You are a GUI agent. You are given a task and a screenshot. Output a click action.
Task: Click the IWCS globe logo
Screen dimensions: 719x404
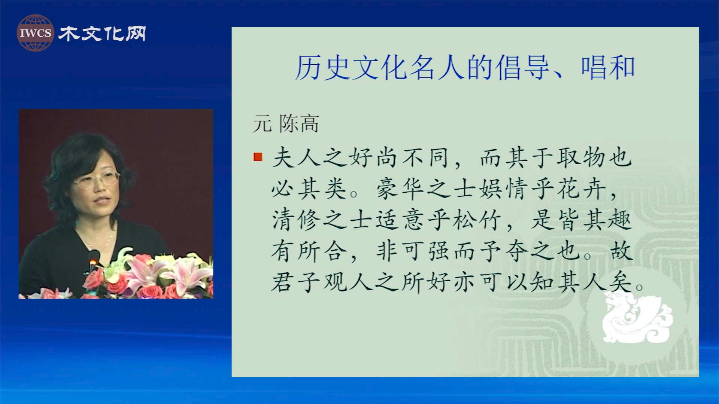(x=35, y=33)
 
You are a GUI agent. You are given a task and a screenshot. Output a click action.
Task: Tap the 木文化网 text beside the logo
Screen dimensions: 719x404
(x=102, y=34)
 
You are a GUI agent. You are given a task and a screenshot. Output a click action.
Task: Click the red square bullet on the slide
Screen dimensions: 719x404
(x=258, y=157)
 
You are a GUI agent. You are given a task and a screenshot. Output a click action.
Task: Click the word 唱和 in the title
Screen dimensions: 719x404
(x=608, y=68)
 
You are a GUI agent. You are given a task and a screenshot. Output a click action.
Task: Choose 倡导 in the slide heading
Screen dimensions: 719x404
(x=523, y=68)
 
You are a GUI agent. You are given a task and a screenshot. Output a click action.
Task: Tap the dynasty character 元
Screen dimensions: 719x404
(x=262, y=123)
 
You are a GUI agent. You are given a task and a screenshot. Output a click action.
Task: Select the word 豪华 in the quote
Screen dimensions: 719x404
(x=400, y=188)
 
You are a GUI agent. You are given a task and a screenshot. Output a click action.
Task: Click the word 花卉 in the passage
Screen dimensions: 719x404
(x=582, y=188)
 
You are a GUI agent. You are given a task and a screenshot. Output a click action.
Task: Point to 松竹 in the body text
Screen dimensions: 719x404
(x=477, y=220)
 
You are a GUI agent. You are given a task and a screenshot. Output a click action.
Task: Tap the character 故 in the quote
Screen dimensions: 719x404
(x=621, y=251)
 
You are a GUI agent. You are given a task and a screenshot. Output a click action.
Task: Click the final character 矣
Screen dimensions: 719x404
(x=621, y=282)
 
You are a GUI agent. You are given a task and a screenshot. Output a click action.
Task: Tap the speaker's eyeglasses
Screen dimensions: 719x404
(x=97, y=180)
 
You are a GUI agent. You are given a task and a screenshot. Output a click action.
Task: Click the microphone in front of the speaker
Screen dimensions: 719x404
(x=93, y=260)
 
